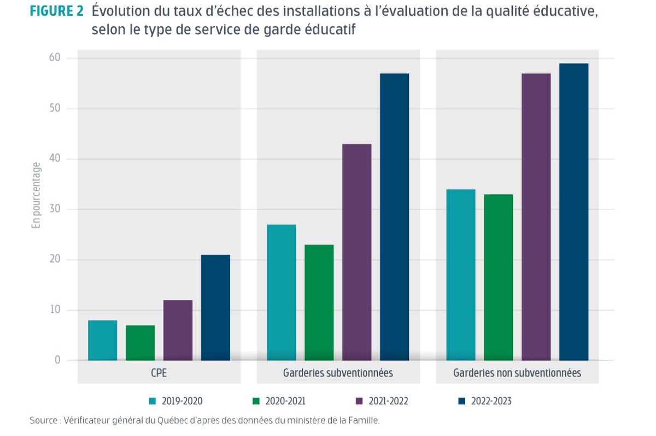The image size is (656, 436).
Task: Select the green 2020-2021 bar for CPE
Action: point(140,343)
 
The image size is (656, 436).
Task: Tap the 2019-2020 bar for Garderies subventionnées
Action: point(282,292)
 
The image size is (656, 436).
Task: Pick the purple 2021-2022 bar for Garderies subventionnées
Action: point(357,252)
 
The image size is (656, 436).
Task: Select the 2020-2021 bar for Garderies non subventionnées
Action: point(499,277)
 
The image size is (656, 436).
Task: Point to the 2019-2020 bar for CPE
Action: point(102,340)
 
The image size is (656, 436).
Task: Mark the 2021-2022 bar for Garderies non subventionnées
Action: point(536,217)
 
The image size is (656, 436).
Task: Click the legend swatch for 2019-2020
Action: point(153,402)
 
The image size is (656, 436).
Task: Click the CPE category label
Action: point(159,373)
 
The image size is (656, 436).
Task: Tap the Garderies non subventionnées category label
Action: point(517,373)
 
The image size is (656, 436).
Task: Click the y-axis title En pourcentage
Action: point(36,195)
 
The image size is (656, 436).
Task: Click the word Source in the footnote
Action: point(43,421)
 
